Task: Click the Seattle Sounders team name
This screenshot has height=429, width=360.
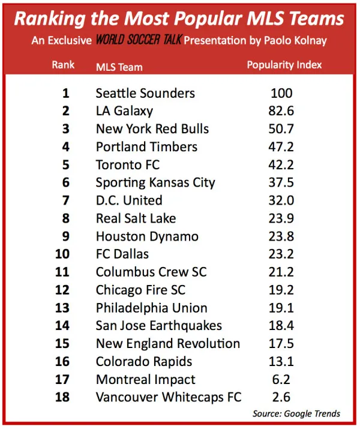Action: pyautogui.click(x=145, y=93)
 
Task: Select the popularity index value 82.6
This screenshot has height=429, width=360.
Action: pyautogui.click(x=281, y=111)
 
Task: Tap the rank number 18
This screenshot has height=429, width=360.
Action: pyautogui.click(x=63, y=397)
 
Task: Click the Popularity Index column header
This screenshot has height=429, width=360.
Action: pyautogui.click(x=284, y=65)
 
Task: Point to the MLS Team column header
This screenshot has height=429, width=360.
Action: pyautogui.click(x=119, y=66)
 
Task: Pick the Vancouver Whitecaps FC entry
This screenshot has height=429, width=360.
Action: pyautogui.click(x=169, y=397)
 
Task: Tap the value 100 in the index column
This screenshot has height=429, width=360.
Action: pyautogui.click(x=281, y=93)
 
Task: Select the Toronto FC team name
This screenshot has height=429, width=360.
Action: pyautogui.click(x=128, y=165)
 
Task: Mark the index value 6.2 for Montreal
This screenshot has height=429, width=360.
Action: pyautogui.click(x=281, y=379)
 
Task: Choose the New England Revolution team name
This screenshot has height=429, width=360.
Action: pyautogui.click(x=168, y=344)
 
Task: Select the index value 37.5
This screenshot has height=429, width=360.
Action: pyautogui.click(x=281, y=182)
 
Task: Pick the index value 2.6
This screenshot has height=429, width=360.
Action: pyautogui.click(x=281, y=397)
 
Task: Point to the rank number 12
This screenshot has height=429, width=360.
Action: pyautogui.click(x=63, y=290)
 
